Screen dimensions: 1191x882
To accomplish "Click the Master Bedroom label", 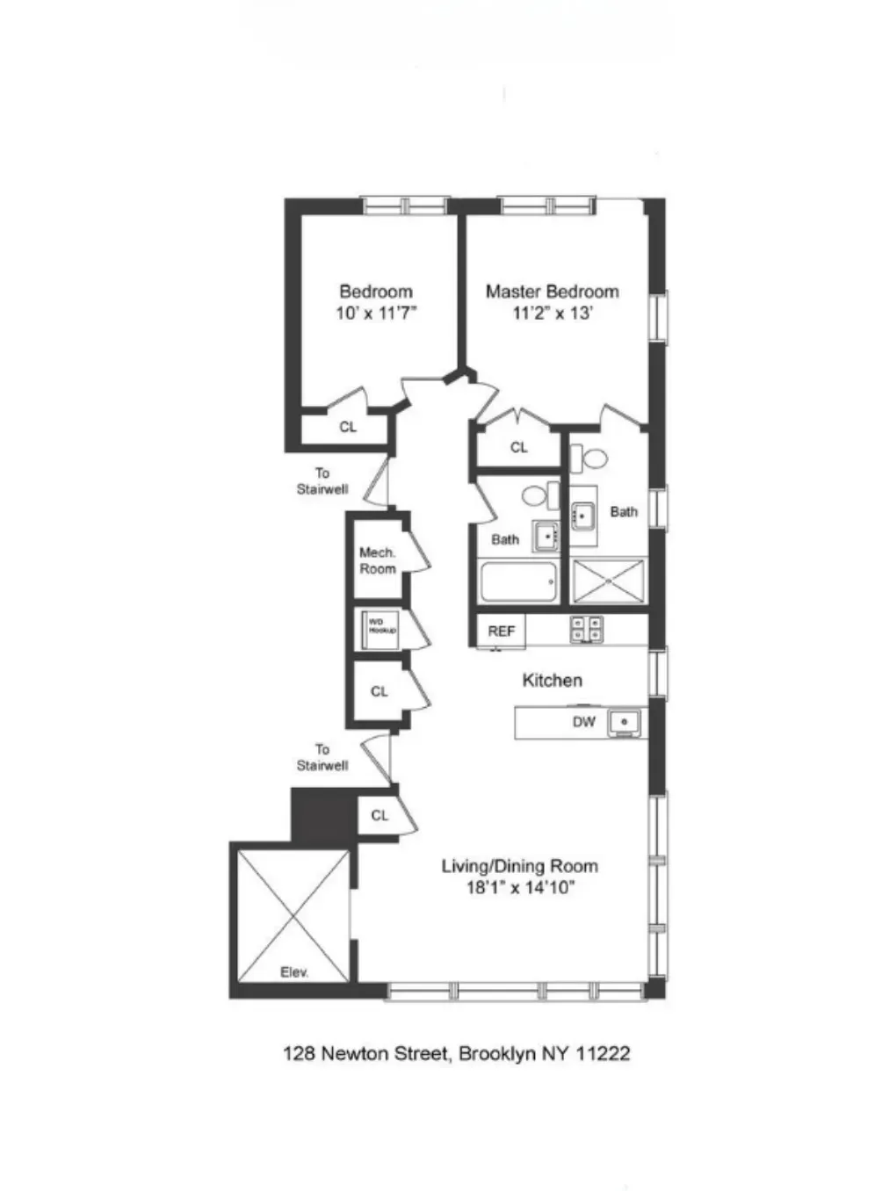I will tap(552, 292).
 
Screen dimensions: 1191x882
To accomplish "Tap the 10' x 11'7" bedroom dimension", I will tap(376, 313).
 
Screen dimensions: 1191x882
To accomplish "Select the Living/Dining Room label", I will tap(519, 866).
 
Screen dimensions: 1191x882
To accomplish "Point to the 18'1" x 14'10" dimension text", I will tap(519, 888).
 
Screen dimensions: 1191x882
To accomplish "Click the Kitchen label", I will tap(552, 680).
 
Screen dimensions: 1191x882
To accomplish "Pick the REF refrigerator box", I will tap(501, 631).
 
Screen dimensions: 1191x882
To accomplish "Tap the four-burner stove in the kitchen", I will tap(587, 629).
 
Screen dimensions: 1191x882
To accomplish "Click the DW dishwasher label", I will tap(583, 722).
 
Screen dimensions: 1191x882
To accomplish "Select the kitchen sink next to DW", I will tap(625, 722).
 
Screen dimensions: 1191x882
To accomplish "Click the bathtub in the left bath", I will tap(518, 581).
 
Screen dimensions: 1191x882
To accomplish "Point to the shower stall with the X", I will tap(608, 581).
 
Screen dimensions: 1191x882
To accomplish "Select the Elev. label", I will tap(294, 972).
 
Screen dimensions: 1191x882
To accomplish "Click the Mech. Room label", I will tap(377, 560).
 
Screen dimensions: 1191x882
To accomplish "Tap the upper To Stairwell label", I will tap(322, 481).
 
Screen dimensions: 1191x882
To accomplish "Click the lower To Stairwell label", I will tap(322, 757).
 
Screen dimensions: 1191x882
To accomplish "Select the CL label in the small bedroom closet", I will tap(348, 427).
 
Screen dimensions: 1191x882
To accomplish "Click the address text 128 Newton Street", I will tap(365, 1053).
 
